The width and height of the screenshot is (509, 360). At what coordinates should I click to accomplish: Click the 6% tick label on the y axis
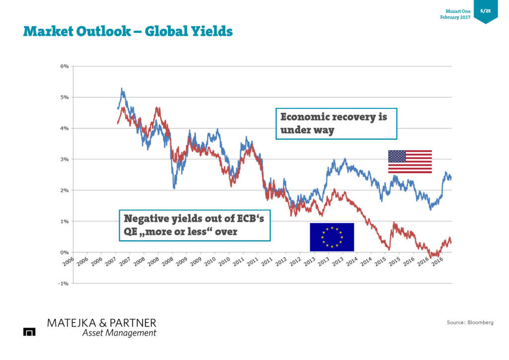tap(65, 66)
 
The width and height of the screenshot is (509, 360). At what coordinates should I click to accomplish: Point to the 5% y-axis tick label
tap(65, 97)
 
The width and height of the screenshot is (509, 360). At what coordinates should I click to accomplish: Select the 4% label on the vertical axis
tap(65, 128)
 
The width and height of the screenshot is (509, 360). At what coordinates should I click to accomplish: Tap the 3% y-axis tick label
tap(65, 159)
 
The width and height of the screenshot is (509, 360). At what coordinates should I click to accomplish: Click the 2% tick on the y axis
tap(65, 190)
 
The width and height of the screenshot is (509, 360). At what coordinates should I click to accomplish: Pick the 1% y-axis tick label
tap(65, 221)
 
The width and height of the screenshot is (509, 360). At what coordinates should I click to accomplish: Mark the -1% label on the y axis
tap(64, 283)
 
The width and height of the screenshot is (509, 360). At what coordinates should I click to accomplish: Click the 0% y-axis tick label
tap(65, 252)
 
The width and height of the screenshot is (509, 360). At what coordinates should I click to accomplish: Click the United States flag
tap(410, 162)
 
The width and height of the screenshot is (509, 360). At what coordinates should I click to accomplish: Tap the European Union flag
tap(332, 237)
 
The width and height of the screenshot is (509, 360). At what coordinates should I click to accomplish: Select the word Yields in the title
tap(208, 32)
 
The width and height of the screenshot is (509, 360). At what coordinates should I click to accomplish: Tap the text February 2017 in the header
tap(455, 18)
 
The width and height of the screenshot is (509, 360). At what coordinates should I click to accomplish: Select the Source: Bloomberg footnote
tap(470, 323)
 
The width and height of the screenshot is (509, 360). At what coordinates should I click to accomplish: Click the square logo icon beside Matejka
tap(29, 332)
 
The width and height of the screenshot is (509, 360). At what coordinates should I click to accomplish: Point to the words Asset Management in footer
tap(119, 333)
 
